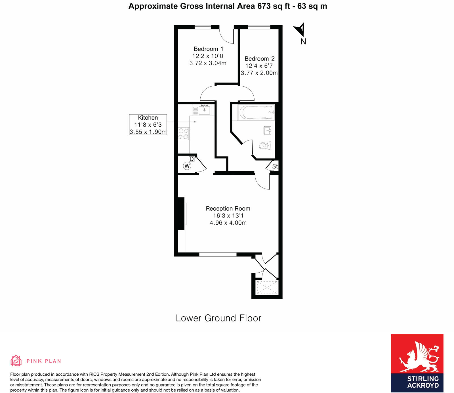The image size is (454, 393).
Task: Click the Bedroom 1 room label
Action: (x=208, y=49)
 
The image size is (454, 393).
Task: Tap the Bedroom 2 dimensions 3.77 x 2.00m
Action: (x=259, y=73)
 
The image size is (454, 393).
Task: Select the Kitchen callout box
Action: (x=148, y=125)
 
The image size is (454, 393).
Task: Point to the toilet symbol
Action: (x=265, y=146)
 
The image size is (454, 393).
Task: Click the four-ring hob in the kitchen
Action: (x=183, y=134)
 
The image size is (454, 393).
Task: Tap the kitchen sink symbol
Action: (x=204, y=109)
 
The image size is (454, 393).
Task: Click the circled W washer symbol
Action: (x=187, y=166)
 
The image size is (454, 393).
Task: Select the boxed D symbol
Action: (x=192, y=159)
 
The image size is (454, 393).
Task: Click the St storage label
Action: (x=275, y=166)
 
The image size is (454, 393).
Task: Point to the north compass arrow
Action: (x=300, y=29)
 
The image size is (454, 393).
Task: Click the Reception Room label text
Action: (x=228, y=208)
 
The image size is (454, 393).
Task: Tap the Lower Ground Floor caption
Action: (x=218, y=318)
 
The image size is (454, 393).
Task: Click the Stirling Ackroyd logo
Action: (x=417, y=363)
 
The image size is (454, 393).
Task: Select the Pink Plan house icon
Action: (x=16, y=361)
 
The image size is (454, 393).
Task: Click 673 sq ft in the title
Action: (x=274, y=6)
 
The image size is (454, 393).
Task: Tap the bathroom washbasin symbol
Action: (x=267, y=131)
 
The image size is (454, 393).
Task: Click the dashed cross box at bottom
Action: (x=266, y=288)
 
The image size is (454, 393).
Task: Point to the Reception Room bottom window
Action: (x=218, y=254)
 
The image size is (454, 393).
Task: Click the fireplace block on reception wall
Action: (x=181, y=214)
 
